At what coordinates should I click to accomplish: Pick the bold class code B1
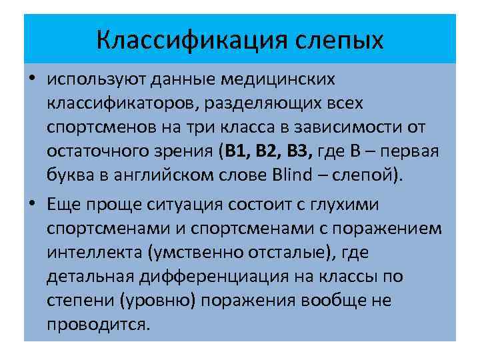pos(237,151)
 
